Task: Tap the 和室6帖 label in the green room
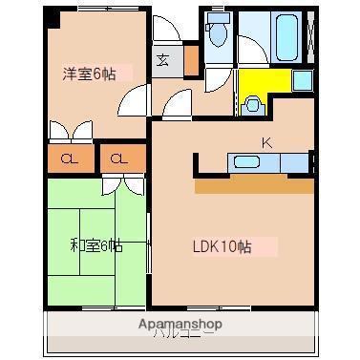pos(95,245)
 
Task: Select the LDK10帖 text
pos(221,246)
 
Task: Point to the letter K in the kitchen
pos(266,143)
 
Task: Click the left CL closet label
pos(70,159)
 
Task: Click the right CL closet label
pos(117,159)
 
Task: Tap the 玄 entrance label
pos(164,60)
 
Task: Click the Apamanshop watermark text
pos(180,325)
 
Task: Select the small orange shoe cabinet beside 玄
pos(191,60)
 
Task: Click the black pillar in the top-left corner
pos(52,16)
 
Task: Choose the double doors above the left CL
pos(70,131)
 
